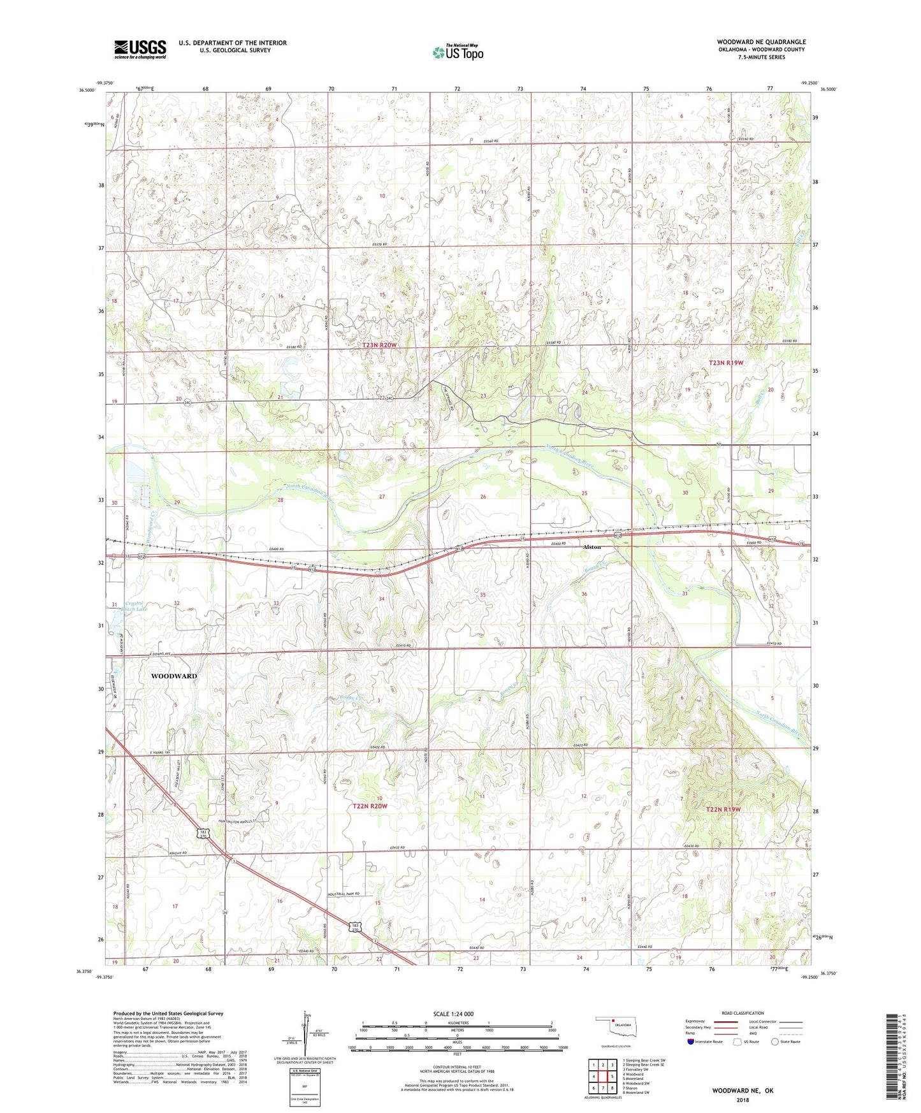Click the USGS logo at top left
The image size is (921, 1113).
(x=140, y=49)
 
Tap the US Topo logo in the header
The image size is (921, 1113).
(x=457, y=52)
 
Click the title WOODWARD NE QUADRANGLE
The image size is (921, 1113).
(x=761, y=42)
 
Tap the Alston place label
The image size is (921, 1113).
(x=592, y=548)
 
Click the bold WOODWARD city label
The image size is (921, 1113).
(x=173, y=676)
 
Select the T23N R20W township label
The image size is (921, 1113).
(x=379, y=345)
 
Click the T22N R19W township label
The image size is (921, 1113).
(x=723, y=810)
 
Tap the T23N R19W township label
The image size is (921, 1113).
(x=726, y=363)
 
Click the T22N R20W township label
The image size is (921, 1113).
(x=370, y=806)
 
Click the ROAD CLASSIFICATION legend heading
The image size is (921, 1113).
(x=743, y=1013)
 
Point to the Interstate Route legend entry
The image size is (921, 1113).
(x=706, y=1042)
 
